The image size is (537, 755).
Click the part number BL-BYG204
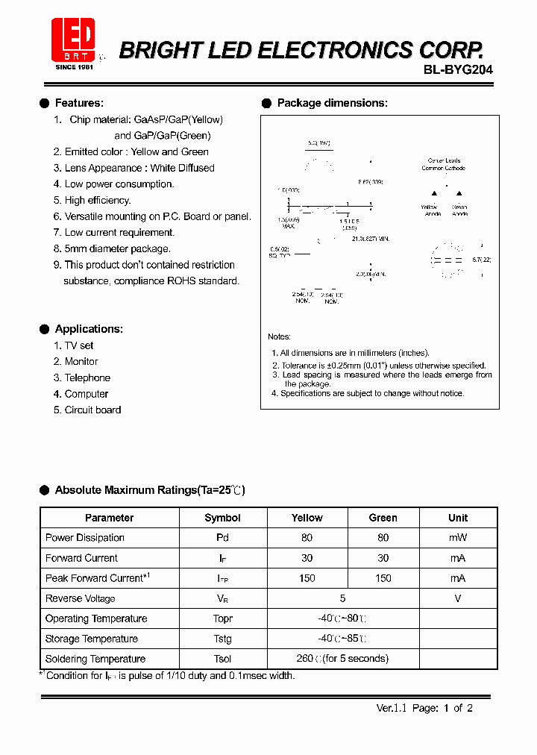click(458, 69)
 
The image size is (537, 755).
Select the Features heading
click(78, 103)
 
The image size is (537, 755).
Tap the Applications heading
click(88, 329)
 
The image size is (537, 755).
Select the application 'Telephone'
click(87, 377)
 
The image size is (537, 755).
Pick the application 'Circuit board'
click(92, 410)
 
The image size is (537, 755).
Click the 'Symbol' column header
click(222, 518)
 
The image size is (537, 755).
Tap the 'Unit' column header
click(458, 518)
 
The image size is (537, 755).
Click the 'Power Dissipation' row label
click(84, 538)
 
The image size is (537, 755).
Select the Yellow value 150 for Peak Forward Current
click(307, 578)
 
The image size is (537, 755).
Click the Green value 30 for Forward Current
click(383, 558)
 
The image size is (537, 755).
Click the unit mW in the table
click(458, 538)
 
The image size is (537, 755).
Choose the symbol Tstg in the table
click(222, 639)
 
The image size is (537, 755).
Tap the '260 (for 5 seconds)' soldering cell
click(342, 659)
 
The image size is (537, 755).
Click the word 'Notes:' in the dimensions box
click(279, 337)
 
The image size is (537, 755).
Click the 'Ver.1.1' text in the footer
click(390, 708)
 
